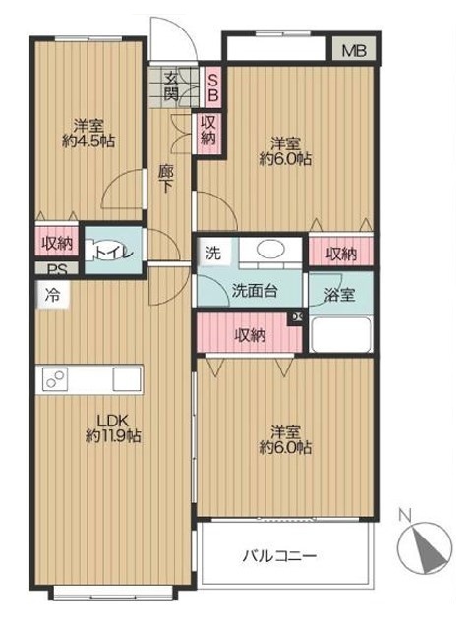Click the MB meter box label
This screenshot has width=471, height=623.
coord(354,50)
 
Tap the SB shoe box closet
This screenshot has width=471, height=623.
coord(212,87)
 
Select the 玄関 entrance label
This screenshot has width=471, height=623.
coord(171,86)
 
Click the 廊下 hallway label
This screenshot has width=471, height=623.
coord(166,179)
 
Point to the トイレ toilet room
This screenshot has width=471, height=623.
coord(113,250)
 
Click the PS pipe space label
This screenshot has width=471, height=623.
coord(57,270)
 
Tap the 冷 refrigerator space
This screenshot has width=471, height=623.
coord(52,295)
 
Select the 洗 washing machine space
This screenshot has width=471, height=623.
coord(213,253)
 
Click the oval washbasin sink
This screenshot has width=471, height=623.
coord(270,250)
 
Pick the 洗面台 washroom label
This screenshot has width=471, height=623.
coord(255,291)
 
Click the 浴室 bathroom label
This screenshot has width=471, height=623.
coord(339,295)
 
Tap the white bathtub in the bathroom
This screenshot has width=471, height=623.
coord(341,334)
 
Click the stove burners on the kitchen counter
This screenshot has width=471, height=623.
coord(55,379)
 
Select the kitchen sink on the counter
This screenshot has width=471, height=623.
coord(127,379)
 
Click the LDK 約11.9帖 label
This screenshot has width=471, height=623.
coord(113,428)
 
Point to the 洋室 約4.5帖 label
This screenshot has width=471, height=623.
coord(88,134)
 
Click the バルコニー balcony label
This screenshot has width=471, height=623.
coord(280,555)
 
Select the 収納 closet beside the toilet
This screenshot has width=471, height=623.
coord(58,243)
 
